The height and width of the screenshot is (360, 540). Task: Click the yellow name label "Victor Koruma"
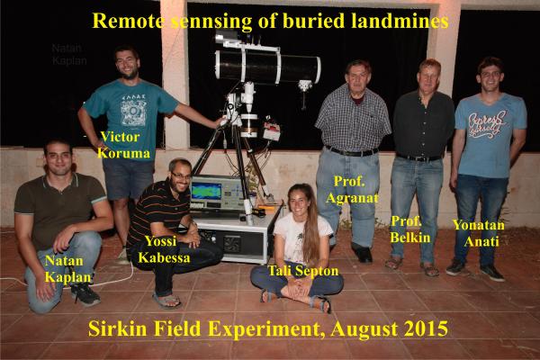123,145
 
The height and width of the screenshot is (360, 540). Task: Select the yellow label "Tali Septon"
303,271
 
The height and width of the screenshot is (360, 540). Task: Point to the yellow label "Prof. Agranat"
352,190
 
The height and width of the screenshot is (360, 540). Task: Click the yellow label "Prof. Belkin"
410,229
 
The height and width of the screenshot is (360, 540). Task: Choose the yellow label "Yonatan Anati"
479,233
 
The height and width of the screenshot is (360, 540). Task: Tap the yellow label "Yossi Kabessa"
164,249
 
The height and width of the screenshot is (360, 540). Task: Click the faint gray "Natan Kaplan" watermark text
69,54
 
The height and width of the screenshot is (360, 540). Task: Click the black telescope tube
268,66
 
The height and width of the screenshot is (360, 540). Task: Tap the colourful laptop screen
207,191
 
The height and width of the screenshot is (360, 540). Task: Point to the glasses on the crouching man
182,175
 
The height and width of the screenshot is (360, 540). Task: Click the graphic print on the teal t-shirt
133,110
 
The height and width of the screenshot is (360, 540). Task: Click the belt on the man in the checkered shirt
351,151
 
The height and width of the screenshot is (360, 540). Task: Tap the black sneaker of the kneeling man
85,294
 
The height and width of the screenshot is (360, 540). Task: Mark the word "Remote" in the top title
129,21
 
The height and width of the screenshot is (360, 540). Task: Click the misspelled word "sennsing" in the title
211,22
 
